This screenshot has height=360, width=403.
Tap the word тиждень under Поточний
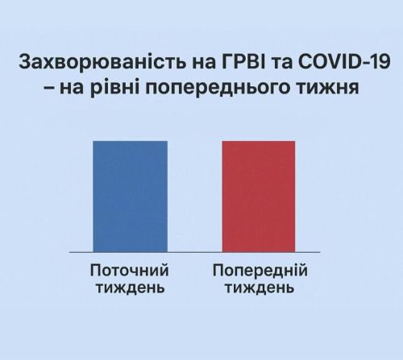point(129,288)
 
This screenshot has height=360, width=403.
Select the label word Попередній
point(259,271)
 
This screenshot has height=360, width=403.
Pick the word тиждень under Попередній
point(259,288)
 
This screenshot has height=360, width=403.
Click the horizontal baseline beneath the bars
point(193,252)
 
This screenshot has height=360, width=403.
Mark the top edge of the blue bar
point(130,142)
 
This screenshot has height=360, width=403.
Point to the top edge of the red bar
point(258,142)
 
